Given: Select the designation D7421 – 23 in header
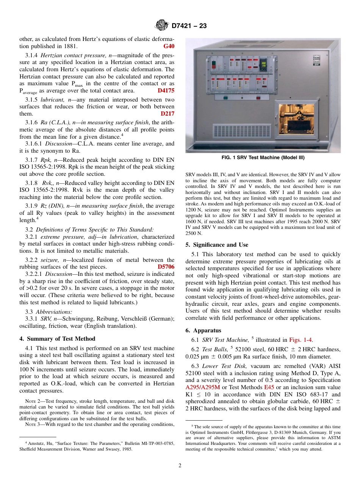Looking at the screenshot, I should pos(189,26).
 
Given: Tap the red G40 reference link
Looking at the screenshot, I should pos(169,46).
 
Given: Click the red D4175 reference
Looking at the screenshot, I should pos(166,91).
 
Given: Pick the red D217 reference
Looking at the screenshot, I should pos(167,113).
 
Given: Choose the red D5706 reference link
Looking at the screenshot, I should pos(166,267).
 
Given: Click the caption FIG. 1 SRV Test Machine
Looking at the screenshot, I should pos(263,158).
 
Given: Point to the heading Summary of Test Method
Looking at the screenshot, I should pos(57,338).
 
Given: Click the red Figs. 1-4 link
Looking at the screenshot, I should pos(301,340).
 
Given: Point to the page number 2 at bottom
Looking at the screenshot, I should pos(180,465).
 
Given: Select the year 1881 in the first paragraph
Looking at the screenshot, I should pos(70,46).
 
